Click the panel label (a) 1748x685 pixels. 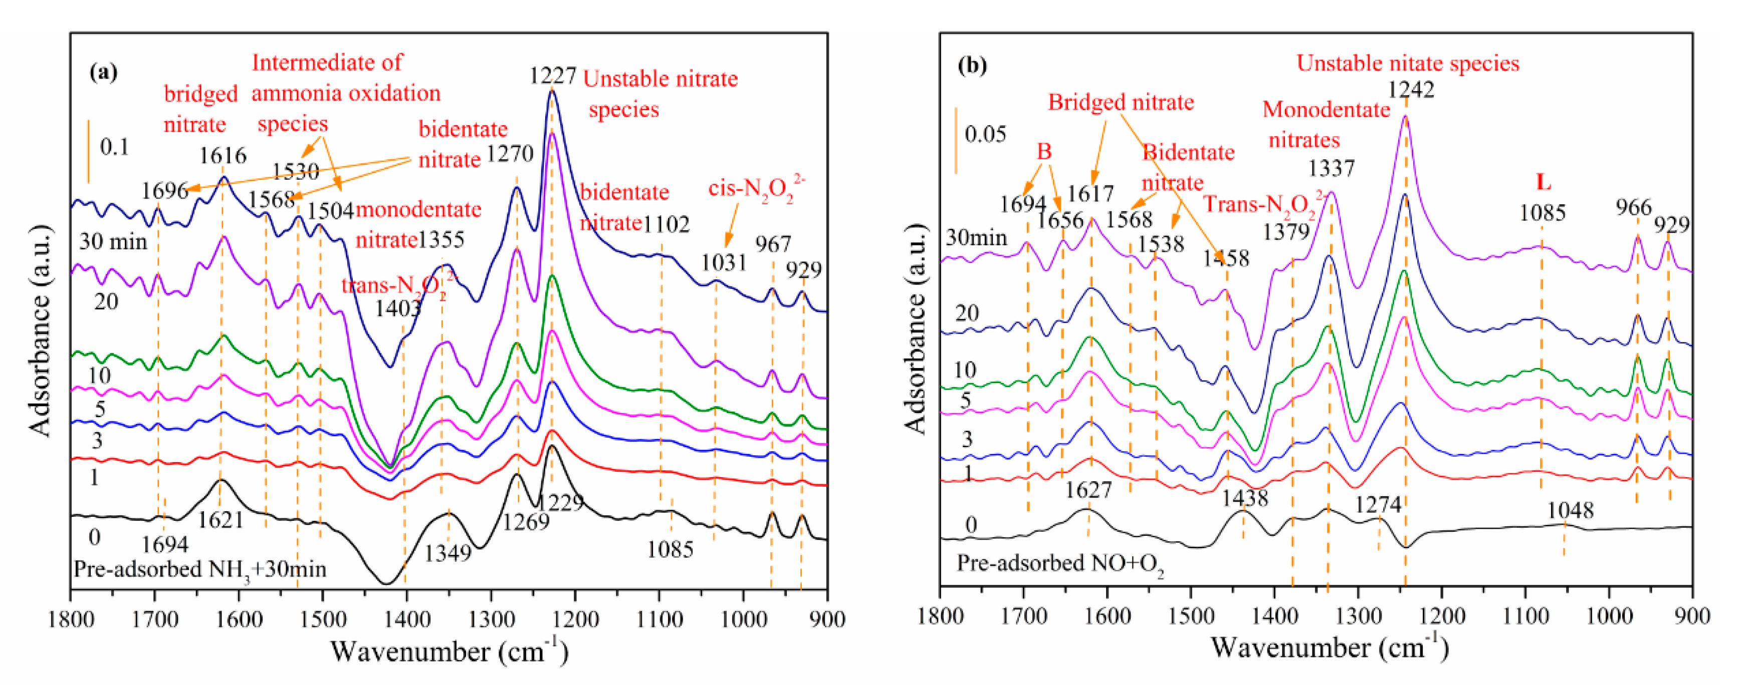click(103, 72)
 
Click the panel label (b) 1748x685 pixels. click(972, 65)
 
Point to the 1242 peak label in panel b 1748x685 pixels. click(1411, 90)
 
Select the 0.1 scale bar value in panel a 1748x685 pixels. click(114, 147)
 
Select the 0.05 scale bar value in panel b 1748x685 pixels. click(985, 134)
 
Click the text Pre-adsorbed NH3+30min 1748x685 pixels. click(199, 568)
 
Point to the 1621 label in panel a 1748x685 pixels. click(221, 520)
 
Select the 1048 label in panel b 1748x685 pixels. click(1570, 510)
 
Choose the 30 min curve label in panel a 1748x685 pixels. click(113, 241)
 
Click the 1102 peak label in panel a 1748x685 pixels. click(667, 224)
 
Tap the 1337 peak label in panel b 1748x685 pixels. click(1332, 168)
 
